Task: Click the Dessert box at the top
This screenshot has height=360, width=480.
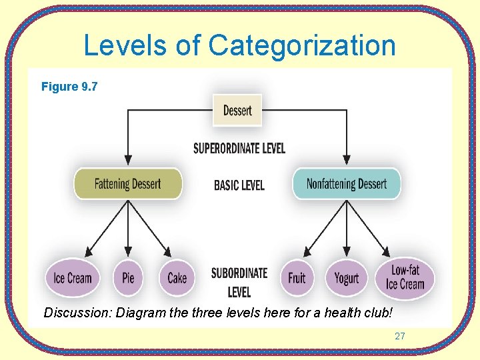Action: click(237, 111)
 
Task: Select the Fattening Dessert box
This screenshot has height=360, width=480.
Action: click(127, 183)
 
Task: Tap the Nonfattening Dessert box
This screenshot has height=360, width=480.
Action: click(347, 183)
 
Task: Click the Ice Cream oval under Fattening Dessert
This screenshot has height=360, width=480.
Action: click(73, 277)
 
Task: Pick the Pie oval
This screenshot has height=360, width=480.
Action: click(128, 277)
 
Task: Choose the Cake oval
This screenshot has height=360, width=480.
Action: click(177, 277)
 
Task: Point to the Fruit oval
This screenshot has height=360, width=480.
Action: click(297, 277)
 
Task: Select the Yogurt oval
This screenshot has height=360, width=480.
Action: click(346, 277)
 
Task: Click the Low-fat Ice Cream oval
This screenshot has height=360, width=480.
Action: click(405, 277)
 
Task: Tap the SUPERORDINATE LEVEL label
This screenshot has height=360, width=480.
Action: click(239, 148)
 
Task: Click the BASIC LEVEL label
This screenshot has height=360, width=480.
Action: click(239, 185)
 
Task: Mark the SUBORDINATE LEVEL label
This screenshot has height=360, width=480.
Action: click(239, 283)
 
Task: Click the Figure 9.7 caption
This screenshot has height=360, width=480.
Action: click(69, 87)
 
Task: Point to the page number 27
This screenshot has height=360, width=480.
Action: click(399, 336)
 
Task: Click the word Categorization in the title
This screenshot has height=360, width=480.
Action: click(302, 46)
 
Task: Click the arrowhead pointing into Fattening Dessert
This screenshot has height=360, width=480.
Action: click(127, 160)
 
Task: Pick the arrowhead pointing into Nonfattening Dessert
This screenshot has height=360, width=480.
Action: click(347, 160)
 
